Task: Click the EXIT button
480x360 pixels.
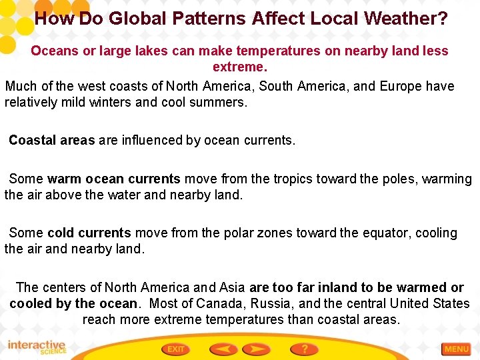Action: click(x=176, y=349)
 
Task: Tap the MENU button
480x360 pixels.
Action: click(x=457, y=349)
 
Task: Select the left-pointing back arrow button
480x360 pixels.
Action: click(x=224, y=349)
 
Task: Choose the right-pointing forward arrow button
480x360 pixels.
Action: click(x=256, y=349)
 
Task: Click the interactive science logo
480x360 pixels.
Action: click(x=37, y=347)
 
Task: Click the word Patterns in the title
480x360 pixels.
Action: click(x=208, y=18)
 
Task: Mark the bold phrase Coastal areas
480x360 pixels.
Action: click(x=52, y=140)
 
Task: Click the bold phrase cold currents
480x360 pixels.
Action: click(x=89, y=233)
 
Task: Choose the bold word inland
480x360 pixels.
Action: click(x=337, y=287)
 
